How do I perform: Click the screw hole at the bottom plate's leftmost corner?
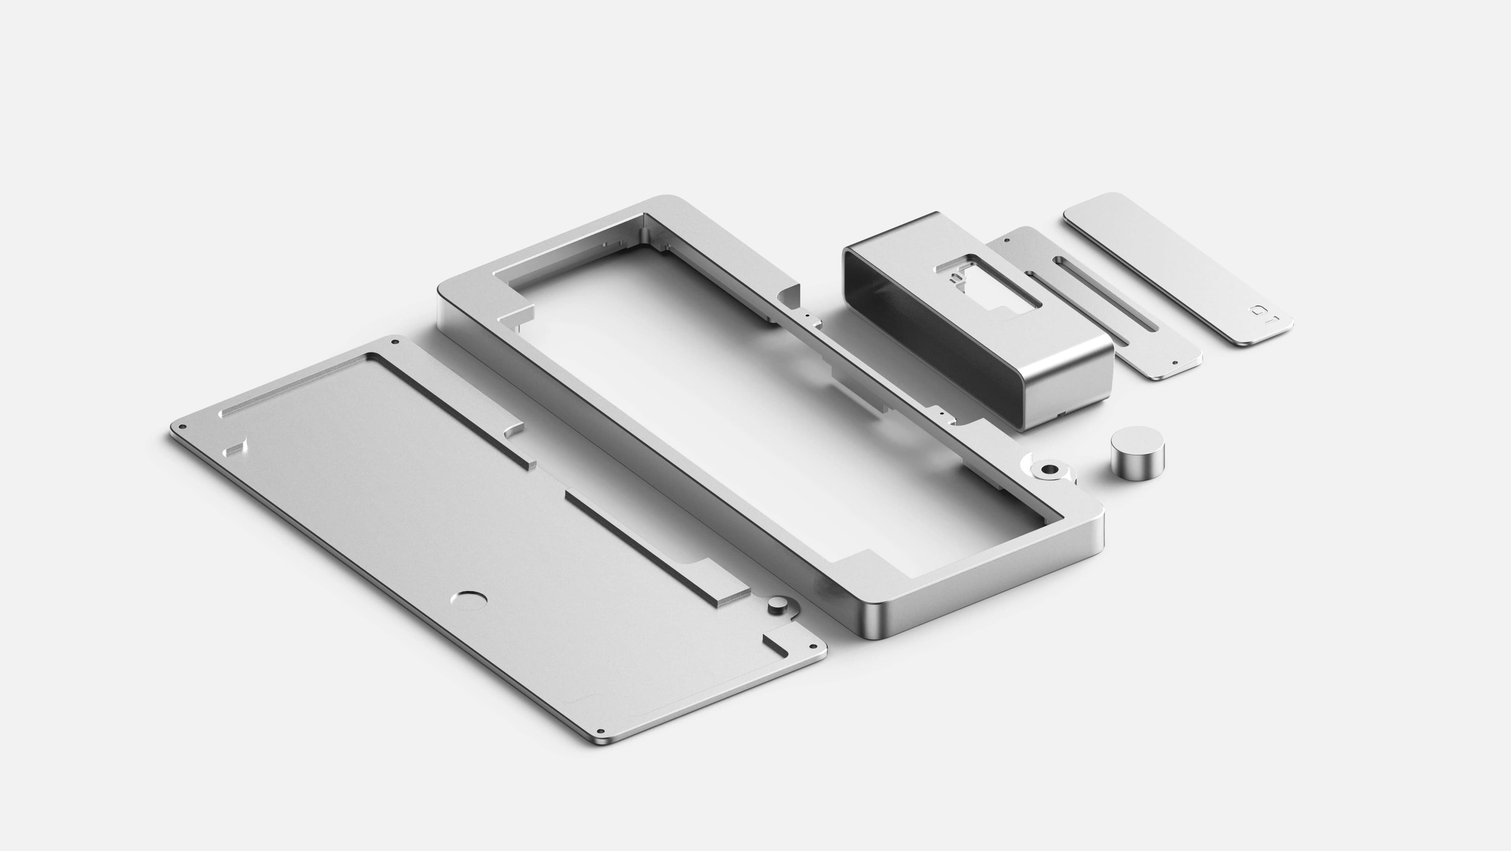(x=183, y=427)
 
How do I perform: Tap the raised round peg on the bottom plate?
(x=778, y=604)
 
